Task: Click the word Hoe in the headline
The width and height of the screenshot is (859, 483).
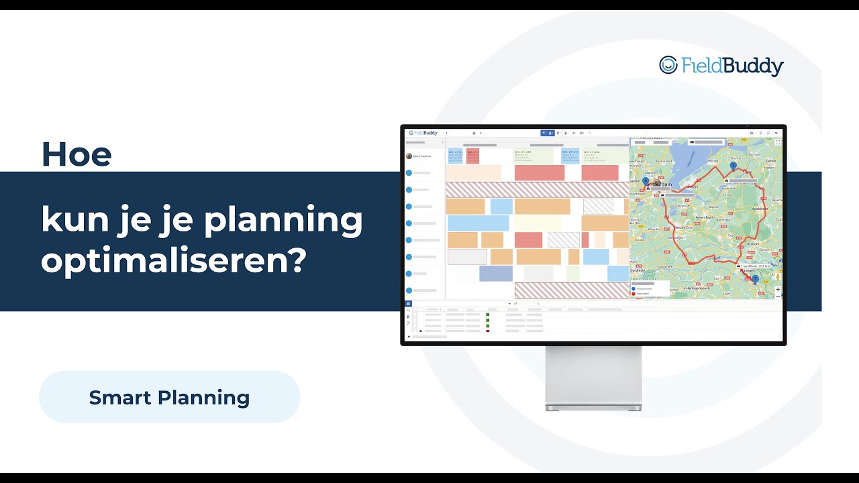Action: point(76,154)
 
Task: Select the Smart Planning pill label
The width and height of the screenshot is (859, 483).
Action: point(169,397)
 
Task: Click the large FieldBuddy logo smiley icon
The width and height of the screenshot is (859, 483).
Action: point(668,64)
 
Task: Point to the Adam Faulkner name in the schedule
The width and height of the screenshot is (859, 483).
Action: point(422,156)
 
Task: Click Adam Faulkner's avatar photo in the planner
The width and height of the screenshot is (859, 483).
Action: point(409,156)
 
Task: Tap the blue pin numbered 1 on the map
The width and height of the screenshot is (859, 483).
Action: point(755,278)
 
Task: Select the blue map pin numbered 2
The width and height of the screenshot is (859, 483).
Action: point(733,165)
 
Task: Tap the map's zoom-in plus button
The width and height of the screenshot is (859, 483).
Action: point(778,290)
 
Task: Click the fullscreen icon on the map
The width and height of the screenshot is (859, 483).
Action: point(778,142)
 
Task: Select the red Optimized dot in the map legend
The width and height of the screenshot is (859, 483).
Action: point(634,293)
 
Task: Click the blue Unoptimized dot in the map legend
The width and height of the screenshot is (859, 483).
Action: point(634,288)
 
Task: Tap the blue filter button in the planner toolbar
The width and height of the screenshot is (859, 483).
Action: point(544,133)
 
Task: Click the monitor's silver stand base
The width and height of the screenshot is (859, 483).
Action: point(593,407)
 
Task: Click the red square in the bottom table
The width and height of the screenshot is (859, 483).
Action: point(488,331)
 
